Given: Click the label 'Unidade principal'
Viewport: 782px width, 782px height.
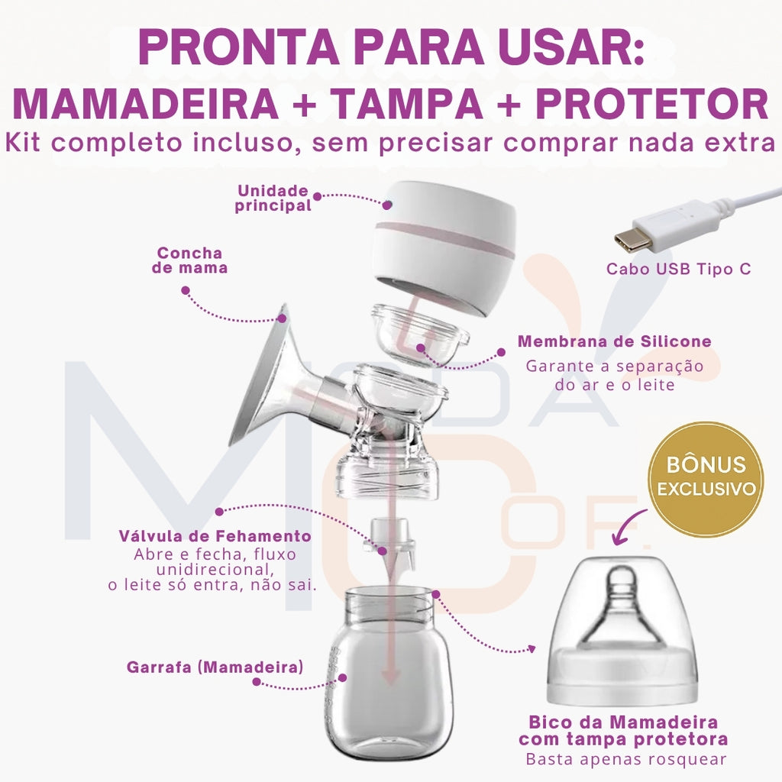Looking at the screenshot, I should [x=273, y=198].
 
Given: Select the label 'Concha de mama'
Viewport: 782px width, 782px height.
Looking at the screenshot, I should [x=189, y=260].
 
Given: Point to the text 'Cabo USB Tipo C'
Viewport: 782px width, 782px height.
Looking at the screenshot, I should [x=678, y=269].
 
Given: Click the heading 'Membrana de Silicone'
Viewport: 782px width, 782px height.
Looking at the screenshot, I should [x=614, y=341].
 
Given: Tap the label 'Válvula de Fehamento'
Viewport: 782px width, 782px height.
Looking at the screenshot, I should [x=215, y=535].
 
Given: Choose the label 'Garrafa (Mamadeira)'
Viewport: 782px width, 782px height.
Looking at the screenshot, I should [x=215, y=667].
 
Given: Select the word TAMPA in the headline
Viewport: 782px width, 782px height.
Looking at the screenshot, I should [x=406, y=104].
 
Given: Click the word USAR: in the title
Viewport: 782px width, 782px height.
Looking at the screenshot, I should [x=561, y=47].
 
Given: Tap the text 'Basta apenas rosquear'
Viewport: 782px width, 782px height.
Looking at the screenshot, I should [x=625, y=759].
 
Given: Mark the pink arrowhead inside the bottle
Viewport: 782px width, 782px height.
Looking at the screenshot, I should [x=391, y=675].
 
